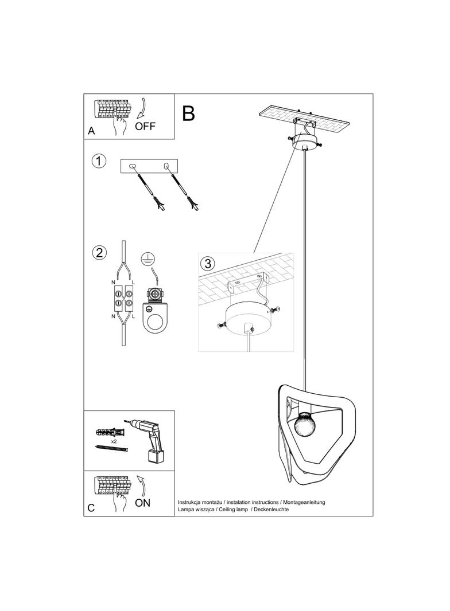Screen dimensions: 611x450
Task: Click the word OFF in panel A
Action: (x=145, y=126)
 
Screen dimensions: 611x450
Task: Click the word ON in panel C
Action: (x=143, y=503)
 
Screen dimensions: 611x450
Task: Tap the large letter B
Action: (x=188, y=113)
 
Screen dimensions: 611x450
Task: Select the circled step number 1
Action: (x=99, y=161)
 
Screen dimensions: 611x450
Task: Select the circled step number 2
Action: (x=99, y=252)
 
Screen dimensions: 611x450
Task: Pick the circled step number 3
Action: (x=208, y=264)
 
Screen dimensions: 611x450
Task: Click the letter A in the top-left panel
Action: (x=91, y=131)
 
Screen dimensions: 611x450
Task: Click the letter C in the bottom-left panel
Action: (x=91, y=508)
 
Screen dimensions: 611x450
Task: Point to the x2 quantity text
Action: (x=114, y=441)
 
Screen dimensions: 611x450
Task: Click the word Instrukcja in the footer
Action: (x=191, y=502)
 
